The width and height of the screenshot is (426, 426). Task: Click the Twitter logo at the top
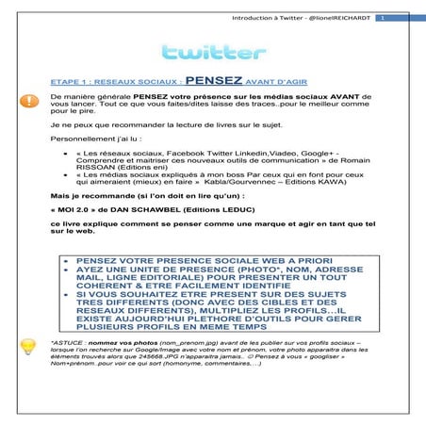coord(212,52)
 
